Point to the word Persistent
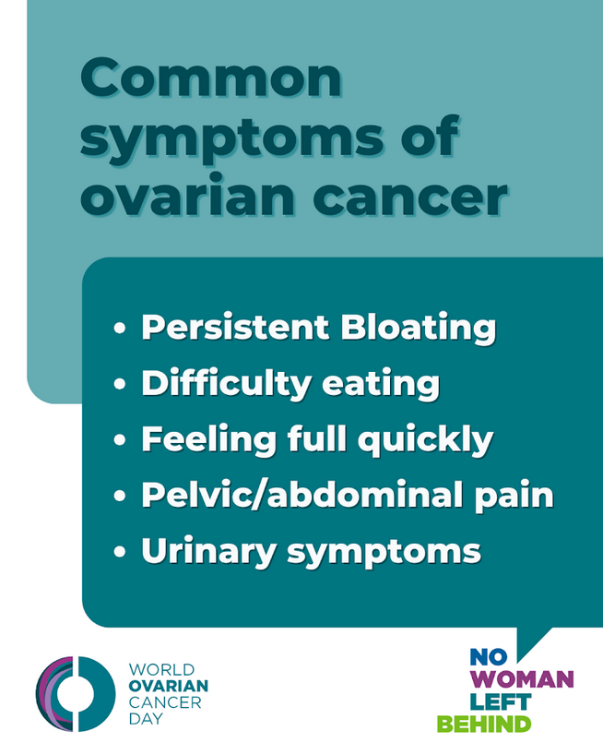point(235,327)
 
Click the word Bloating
point(419,329)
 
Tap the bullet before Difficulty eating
point(120,384)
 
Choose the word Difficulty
point(227,384)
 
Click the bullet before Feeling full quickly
point(120,440)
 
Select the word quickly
point(426,440)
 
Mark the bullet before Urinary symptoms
point(120,551)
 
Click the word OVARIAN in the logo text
point(169,686)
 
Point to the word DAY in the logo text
point(146,719)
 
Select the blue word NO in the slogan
point(488,657)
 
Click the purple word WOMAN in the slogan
point(522,679)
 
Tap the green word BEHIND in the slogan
point(484,725)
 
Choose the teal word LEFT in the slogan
point(500,702)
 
